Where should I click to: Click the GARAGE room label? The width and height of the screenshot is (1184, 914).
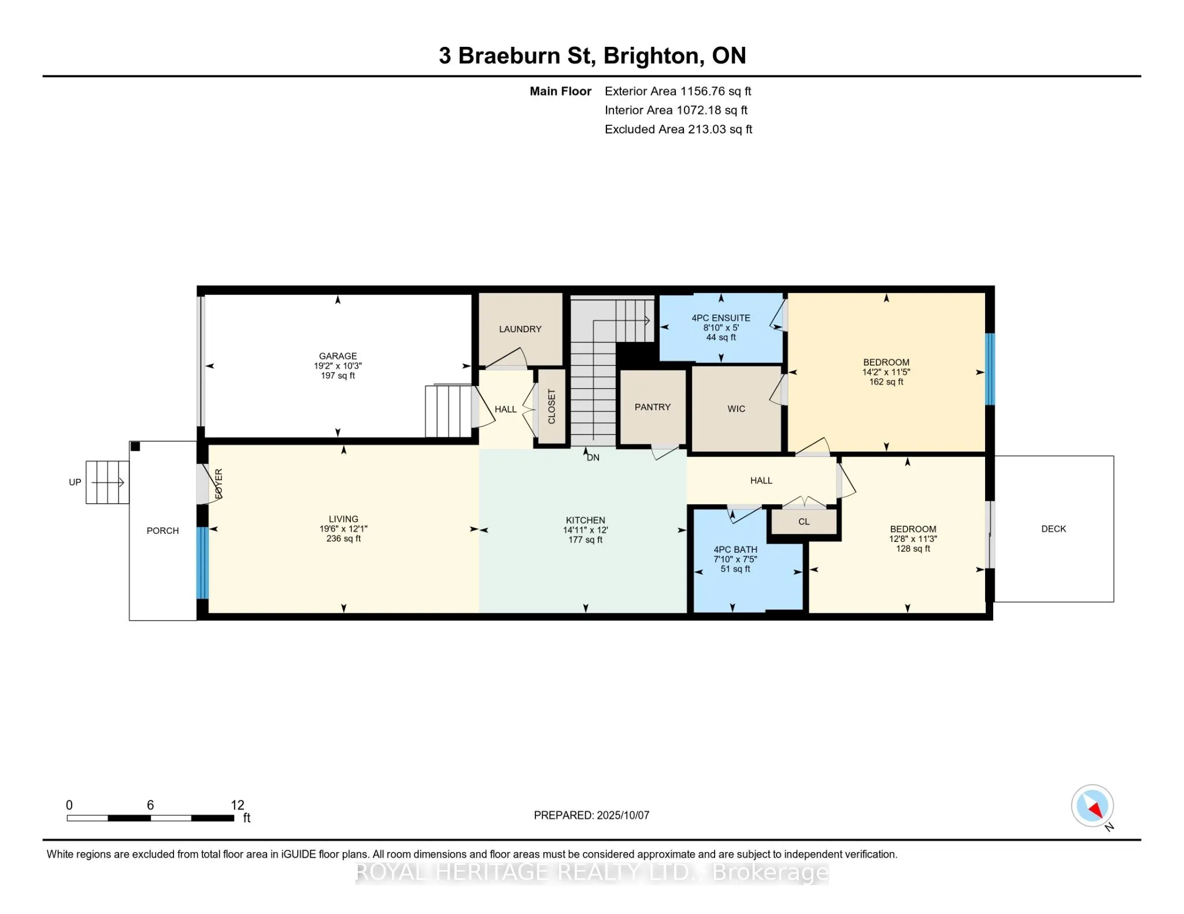(338, 356)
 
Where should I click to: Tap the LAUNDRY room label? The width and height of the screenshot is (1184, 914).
(520, 329)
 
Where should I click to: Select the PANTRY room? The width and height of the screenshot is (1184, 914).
(653, 407)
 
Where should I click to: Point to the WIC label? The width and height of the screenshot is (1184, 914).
(736, 409)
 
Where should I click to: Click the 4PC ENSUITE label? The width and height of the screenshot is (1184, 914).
(721, 318)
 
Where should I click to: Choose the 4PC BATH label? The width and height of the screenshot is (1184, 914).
(735, 549)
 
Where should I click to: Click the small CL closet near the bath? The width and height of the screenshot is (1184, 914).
(804, 522)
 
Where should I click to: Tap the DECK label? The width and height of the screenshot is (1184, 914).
(1053, 529)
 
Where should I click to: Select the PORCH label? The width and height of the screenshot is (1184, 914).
(162, 530)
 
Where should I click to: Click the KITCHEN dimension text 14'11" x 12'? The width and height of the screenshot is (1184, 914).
(586, 530)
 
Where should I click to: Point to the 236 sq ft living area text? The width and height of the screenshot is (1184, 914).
(343, 538)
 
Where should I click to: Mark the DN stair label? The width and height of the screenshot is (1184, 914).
(593, 458)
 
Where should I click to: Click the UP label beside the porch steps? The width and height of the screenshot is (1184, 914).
(75, 482)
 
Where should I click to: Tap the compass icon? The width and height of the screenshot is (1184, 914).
(1092, 805)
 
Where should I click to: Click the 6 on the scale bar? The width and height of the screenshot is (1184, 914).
(150, 805)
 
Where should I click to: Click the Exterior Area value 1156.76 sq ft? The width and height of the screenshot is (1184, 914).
(716, 91)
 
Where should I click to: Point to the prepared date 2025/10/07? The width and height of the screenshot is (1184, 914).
(623, 815)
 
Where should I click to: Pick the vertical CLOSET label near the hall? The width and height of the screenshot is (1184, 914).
(552, 406)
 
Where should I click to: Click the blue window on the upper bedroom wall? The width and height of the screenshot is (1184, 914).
(990, 369)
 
